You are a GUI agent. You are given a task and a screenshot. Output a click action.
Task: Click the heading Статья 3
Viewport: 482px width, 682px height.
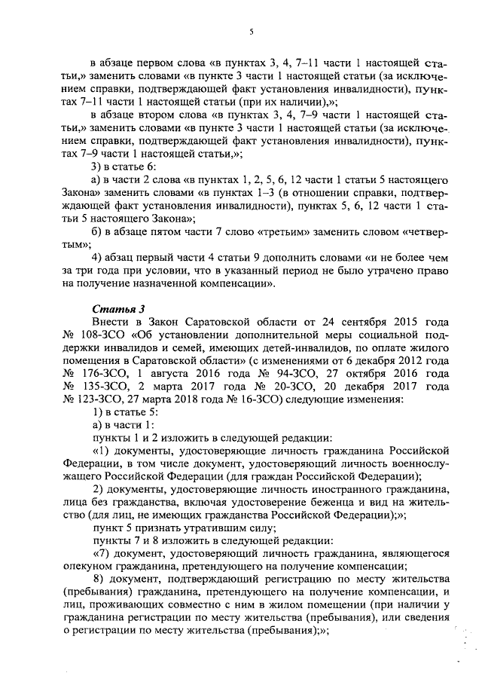(x=114, y=308)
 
